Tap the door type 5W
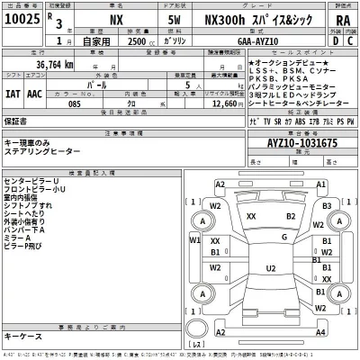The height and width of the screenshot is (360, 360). point(174,18)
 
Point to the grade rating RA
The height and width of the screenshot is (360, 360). point(342,18)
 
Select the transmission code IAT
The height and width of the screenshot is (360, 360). point(12,92)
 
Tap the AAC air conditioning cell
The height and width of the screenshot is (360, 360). point(34,92)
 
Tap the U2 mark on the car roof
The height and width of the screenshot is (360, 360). point(270,268)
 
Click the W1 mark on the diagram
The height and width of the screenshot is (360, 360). point(195,239)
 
